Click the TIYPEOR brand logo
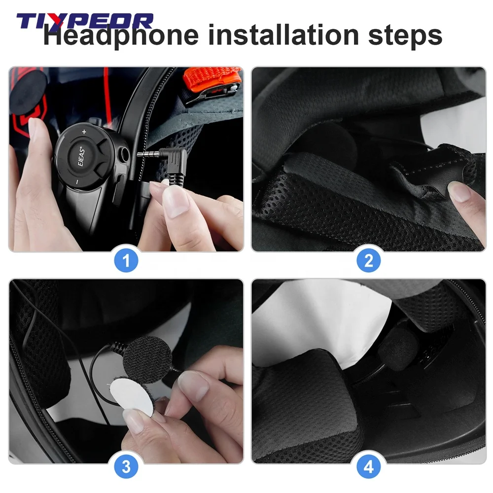point(85,21)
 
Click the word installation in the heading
point(283,35)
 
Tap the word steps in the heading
point(405,36)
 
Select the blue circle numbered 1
point(126,260)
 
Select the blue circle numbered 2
point(368,260)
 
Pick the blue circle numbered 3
point(126,466)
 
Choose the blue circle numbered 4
point(368,466)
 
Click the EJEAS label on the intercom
point(81,156)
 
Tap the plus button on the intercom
point(84,132)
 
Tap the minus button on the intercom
point(77,182)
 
